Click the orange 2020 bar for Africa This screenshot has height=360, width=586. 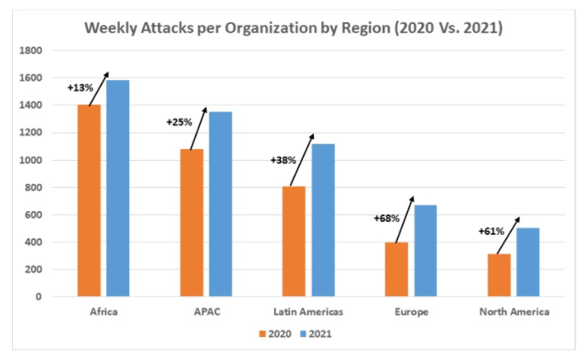[88, 201]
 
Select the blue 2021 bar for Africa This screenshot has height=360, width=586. [117, 188]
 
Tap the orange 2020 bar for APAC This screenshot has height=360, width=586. [191, 223]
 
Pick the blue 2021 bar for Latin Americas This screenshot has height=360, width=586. [322, 220]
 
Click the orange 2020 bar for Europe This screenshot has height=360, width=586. [396, 270]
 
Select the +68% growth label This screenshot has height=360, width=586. [386, 218]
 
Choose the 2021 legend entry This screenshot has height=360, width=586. [314, 334]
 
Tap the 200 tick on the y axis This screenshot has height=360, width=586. [33, 270]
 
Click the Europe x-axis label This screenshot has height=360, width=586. [411, 312]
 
